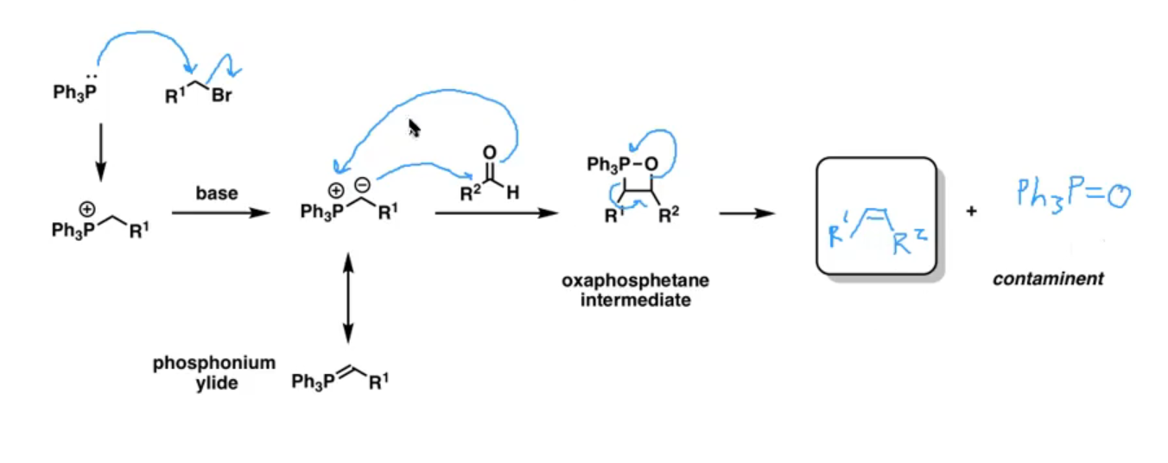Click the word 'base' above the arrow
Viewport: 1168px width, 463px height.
tap(217, 193)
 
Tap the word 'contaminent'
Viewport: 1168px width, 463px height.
tap(1048, 279)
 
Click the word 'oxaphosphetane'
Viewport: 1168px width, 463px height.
tap(635, 281)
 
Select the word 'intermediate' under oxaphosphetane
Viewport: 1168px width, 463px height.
tap(636, 301)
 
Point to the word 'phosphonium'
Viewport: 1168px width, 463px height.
tap(213, 364)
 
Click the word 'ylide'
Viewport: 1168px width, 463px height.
tap(217, 384)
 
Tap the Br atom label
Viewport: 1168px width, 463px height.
tap(222, 95)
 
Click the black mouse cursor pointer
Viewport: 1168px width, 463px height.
tap(414, 128)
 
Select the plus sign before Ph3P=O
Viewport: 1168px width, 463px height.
tap(971, 211)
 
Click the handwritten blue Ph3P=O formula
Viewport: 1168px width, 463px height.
tap(1074, 195)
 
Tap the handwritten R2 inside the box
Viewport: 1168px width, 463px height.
tap(910, 241)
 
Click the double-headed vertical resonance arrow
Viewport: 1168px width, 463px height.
tap(348, 298)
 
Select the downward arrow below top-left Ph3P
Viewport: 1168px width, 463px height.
tap(100, 152)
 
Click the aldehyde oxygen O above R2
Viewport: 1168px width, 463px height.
tap(489, 153)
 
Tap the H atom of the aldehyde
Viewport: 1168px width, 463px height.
tap(512, 193)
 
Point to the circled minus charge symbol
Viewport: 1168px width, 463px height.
tap(362, 185)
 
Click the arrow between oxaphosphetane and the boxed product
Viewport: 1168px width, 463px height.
tap(747, 213)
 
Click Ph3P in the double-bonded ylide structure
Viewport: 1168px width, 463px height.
tap(314, 382)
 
